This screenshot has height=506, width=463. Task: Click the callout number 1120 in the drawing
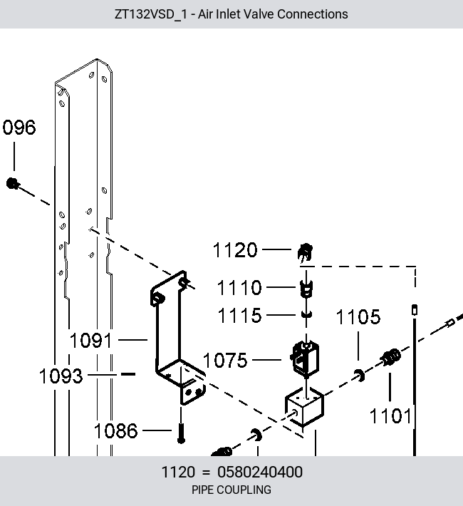point(235,250)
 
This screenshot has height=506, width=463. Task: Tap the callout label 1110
point(239,287)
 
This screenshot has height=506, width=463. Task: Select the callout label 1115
point(239,315)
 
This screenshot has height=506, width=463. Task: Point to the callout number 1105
point(358,317)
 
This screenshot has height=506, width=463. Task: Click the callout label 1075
point(225,360)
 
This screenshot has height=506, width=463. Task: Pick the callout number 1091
point(91,341)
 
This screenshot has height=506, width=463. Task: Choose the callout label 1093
point(61,376)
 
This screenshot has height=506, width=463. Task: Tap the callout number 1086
point(116,430)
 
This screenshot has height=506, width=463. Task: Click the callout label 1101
point(390,415)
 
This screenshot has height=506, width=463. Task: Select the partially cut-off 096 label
point(19,127)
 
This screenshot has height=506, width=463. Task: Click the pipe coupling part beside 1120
point(305,252)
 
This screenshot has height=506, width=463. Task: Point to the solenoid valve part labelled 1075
point(305,359)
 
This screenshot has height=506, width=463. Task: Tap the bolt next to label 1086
point(181,433)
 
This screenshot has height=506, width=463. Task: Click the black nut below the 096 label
point(12,184)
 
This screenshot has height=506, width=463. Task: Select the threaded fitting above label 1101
point(391,357)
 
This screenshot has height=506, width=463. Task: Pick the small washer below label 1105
point(360,376)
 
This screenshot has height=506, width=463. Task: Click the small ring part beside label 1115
point(307,314)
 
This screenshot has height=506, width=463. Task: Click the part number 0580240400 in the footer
point(260,472)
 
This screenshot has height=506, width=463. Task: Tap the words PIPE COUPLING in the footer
point(231,490)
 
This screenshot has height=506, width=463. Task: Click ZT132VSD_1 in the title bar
point(151,14)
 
